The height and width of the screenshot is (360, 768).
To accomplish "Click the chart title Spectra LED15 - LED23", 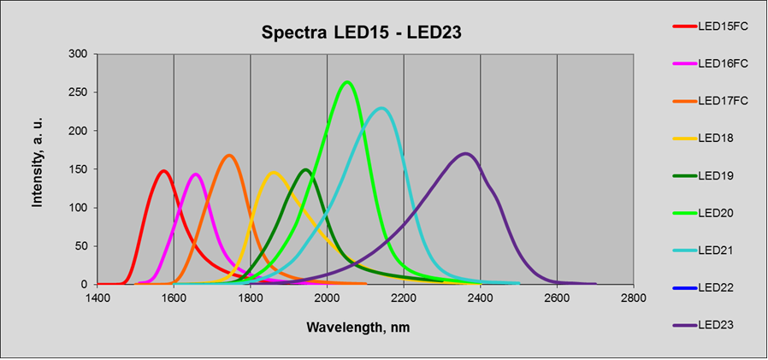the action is [362, 32].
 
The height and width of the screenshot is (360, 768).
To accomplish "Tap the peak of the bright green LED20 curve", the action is [347, 82].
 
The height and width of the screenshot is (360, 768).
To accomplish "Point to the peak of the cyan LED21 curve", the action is [381, 109].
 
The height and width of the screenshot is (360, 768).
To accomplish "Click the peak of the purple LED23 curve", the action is [465, 154].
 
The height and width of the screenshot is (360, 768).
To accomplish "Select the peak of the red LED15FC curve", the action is [163, 171].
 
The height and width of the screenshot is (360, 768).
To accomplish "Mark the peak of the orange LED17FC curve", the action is [228, 156].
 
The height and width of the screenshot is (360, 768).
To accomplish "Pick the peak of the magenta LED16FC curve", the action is [196, 174].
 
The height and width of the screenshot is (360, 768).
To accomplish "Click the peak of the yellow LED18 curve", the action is [274, 173].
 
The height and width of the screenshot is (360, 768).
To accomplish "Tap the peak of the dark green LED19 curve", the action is [306, 170].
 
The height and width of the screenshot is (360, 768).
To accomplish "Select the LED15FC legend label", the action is [723, 27].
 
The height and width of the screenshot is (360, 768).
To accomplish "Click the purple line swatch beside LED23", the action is [685, 325].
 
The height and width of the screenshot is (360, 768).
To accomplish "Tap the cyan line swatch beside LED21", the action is [685, 251].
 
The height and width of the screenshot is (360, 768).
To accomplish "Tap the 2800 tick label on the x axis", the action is [634, 298].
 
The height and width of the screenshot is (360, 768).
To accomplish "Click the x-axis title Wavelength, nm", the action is [358, 327].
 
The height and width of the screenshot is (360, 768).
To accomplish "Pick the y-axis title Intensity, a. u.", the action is [38, 162].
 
